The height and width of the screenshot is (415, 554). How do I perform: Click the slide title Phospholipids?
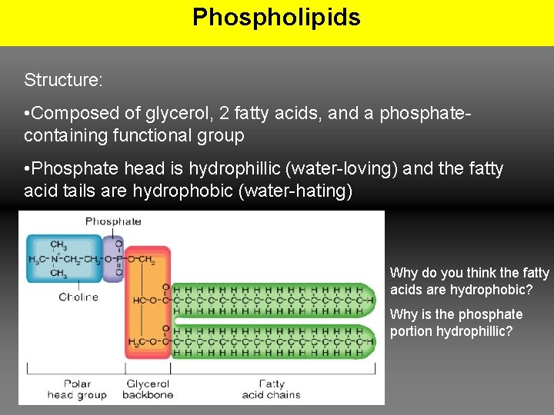[x=276, y=17]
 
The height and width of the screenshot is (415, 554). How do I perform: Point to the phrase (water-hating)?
[x=296, y=190]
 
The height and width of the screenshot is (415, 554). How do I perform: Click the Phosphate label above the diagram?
[x=113, y=221]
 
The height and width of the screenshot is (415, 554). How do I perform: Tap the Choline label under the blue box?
[x=78, y=297]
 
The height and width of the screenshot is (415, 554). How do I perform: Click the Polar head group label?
[x=76, y=389]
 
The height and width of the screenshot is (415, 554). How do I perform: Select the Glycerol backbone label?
[x=149, y=389]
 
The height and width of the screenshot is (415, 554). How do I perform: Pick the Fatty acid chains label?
[x=271, y=389]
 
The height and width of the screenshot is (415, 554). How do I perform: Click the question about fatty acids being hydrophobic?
[x=469, y=281]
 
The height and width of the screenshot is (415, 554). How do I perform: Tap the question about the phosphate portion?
[x=456, y=323]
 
